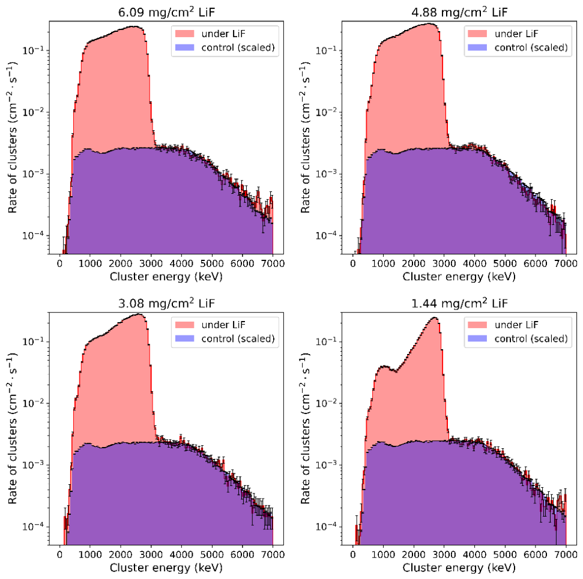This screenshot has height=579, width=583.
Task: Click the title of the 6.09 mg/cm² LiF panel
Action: click(166, 12)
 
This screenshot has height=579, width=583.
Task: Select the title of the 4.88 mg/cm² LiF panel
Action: click(459, 12)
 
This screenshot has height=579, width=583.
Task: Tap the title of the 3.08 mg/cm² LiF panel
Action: click(166, 303)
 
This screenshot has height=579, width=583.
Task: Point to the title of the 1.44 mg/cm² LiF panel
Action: click(459, 303)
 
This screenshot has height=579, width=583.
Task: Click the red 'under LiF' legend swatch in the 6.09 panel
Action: click(185, 34)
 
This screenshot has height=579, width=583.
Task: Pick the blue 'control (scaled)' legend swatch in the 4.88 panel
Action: click(477, 47)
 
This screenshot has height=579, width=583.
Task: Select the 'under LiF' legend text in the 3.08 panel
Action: click(223, 325)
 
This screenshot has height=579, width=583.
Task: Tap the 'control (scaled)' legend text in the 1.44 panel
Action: click(531, 338)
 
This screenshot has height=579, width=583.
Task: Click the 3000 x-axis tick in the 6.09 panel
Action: click(151, 263)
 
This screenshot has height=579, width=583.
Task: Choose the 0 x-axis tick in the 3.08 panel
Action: click(60, 554)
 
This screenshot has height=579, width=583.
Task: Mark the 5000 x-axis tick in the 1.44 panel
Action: click(505, 554)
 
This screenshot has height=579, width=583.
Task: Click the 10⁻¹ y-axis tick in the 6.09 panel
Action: click(34, 50)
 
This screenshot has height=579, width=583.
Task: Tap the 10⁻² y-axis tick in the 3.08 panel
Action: click(34, 403)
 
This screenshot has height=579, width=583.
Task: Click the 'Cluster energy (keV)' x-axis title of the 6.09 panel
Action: click(166, 277)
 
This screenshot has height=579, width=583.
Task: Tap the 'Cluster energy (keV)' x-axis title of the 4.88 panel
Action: click(459, 277)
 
